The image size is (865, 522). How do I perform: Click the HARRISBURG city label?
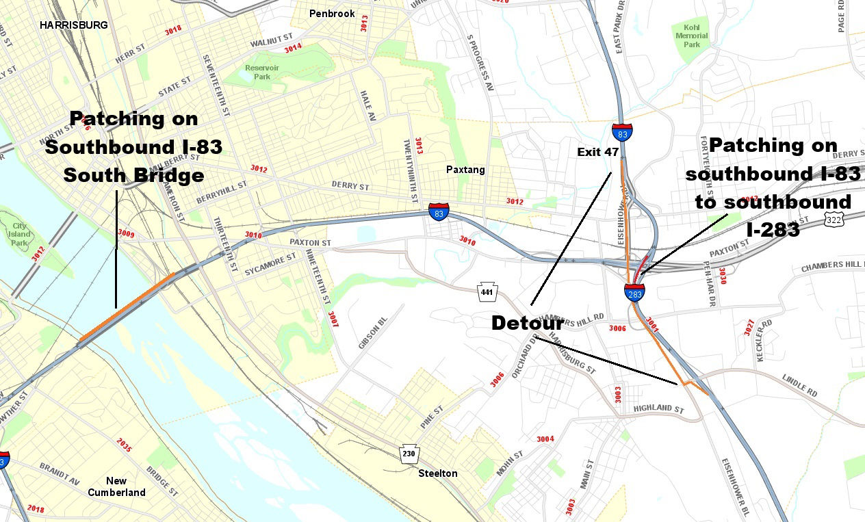73,25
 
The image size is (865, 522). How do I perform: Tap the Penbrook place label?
331,14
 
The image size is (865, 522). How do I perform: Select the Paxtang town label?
465,170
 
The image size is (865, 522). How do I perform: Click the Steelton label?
438,473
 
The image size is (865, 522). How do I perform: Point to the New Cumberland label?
116,486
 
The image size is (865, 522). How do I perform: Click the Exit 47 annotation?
597,152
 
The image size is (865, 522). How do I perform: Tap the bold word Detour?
527,323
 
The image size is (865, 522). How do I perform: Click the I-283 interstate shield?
634,293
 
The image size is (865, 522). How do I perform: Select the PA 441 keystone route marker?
487,291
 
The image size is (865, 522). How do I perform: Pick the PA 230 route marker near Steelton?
409,454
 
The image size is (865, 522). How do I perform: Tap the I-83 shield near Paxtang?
439,211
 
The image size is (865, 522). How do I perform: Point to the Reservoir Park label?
258,72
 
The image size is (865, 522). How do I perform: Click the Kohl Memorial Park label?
692,36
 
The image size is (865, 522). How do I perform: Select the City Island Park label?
19,234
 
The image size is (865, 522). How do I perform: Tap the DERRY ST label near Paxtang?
350,186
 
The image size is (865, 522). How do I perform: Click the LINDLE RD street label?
799,389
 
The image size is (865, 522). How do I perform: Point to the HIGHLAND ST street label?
658,408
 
